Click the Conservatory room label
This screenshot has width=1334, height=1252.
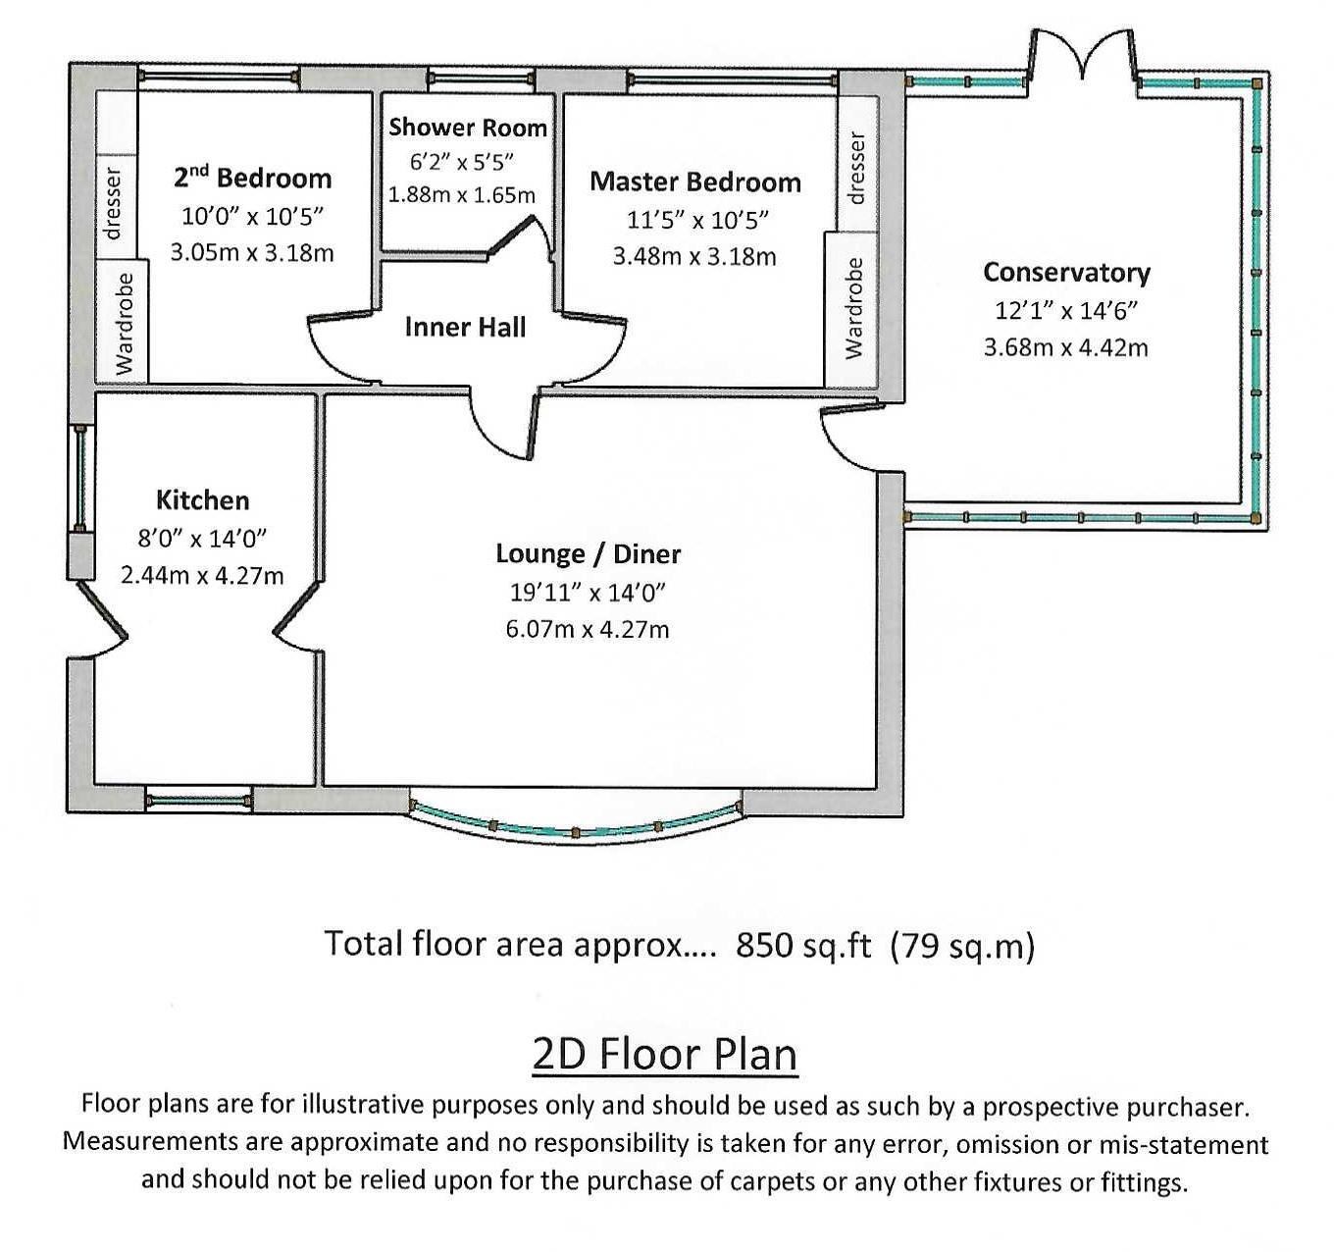pyautogui.click(x=1066, y=272)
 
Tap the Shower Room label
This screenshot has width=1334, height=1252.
pyautogui.click(x=467, y=128)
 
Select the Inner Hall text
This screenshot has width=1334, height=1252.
pyautogui.click(x=465, y=327)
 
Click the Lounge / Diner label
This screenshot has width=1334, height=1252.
pyautogui.click(x=588, y=553)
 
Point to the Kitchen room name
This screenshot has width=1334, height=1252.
pyautogui.click(x=202, y=500)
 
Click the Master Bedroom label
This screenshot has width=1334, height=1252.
pyautogui.click(x=694, y=182)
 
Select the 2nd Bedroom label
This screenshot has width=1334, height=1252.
pyautogui.click(x=252, y=178)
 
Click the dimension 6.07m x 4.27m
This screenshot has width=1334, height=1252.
pyautogui.click(x=588, y=629)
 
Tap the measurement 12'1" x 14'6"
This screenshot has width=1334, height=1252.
pyautogui.click(x=1065, y=310)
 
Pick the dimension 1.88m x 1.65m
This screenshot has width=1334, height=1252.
pyautogui.click(x=462, y=194)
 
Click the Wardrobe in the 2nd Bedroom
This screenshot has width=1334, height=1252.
pyautogui.click(x=123, y=323)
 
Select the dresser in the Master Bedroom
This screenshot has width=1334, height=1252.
pyautogui.click(x=855, y=168)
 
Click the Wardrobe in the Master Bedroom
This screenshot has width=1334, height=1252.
pyautogui.click(x=854, y=308)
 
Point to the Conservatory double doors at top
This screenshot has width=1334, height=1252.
pyautogui.click(x=1083, y=57)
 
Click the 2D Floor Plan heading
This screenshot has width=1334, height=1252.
pyautogui.click(x=664, y=1055)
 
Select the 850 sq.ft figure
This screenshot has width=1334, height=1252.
pyautogui.click(x=802, y=944)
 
